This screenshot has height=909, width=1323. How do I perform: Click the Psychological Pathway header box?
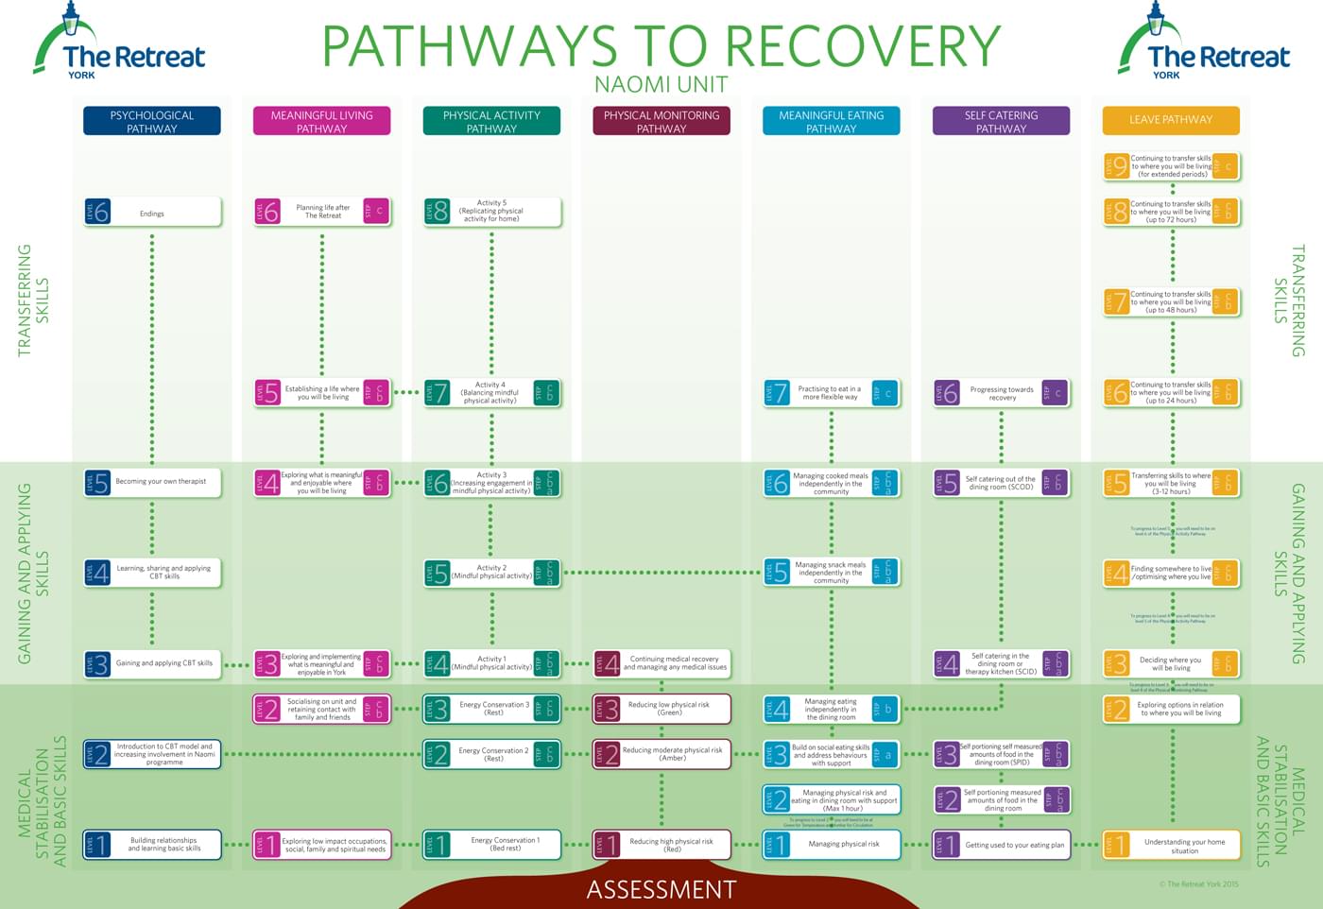coord(151,121)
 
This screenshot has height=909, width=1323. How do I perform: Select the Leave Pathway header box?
coord(1170,120)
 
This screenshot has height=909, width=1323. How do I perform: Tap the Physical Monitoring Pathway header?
coord(661,121)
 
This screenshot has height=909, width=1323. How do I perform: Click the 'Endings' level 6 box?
coord(152,213)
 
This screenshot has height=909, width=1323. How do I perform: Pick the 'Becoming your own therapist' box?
coord(152,483)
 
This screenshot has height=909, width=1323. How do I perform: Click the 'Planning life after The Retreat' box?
coord(321,212)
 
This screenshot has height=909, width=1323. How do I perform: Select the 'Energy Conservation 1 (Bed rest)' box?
coord(491,844)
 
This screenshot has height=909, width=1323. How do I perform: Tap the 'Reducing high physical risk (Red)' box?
coord(661,844)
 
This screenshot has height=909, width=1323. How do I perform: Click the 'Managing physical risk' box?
coord(831,844)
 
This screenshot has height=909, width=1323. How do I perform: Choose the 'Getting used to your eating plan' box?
coord(1001,845)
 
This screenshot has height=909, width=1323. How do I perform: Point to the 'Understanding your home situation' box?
coord(1171,845)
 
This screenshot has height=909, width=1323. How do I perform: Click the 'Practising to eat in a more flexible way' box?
coord(831,393)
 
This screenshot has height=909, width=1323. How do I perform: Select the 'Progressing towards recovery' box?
coord(1001,393)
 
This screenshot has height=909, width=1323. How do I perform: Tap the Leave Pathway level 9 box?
coord(1171,166)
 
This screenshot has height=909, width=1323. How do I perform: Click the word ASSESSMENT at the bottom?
coord(661,890)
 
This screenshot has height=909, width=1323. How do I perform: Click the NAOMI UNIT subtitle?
coord(661,85)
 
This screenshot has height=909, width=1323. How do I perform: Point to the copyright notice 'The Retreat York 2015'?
coord(1197,884)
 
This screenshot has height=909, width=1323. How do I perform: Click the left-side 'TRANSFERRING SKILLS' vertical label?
coord(33,300)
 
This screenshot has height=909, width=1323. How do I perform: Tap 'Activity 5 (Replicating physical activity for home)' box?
coord(491,212)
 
